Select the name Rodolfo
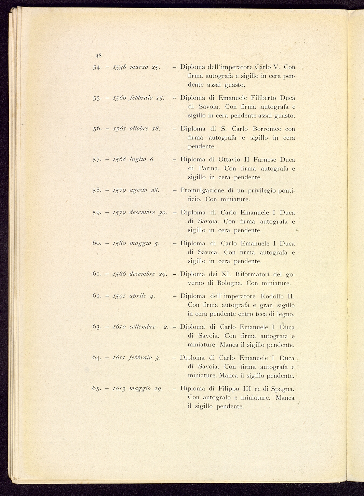[273, 296]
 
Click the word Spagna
[282, 389]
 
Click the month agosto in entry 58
[139, 190]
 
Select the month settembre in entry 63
[142, 327]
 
